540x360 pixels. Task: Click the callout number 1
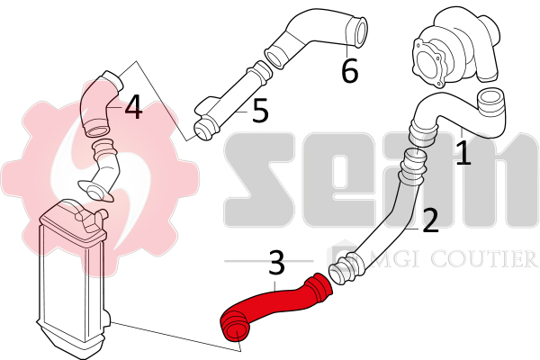(463, 152)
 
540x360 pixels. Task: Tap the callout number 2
(430, 220)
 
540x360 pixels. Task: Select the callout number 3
(276, 263)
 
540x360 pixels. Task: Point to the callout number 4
(133, 107)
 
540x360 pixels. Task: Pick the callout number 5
(260, 110)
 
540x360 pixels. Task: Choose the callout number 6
(349, 70)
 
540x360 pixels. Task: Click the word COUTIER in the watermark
(484, 258)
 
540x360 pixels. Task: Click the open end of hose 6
(359, 31)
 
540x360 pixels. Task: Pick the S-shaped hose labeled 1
(458, 117)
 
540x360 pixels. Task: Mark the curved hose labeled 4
(100, 103)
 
